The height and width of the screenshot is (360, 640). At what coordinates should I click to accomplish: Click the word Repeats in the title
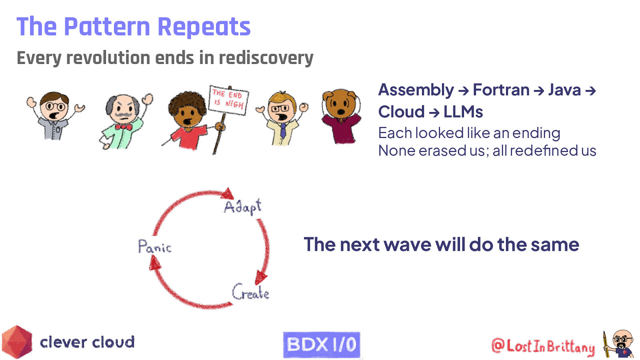click(204, 27)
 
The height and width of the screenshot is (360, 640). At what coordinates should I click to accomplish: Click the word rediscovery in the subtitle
click(266, 58)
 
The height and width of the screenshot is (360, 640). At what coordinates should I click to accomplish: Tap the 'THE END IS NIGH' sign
click(228, 100)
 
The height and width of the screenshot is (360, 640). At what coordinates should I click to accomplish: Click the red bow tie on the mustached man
click(123, 127)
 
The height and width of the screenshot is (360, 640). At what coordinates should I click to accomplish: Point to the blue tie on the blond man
click(283, 130)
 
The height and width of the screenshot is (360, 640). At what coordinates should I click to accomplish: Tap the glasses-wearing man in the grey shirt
click(55, 116)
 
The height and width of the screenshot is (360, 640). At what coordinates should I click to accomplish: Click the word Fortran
click(501, 90)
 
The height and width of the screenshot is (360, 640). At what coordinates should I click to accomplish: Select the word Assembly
click(416, 90)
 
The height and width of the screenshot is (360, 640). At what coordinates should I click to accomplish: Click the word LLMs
click(463, 112)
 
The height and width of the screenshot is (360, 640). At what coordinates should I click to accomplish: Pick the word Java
click(564, 90)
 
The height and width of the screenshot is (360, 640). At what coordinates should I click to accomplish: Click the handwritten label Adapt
click(242, 206)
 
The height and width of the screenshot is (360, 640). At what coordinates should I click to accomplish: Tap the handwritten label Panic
click(155, 247)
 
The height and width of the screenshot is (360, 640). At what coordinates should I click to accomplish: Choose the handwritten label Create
click(250, 292)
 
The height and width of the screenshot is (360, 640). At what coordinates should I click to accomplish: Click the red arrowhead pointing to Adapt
click(228, 194)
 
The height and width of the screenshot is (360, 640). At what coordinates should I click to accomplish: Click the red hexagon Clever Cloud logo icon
click(17, 342)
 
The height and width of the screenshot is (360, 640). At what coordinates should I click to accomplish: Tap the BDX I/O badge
click(321, 344)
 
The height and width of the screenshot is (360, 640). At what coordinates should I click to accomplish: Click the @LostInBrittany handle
click(543, 346)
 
